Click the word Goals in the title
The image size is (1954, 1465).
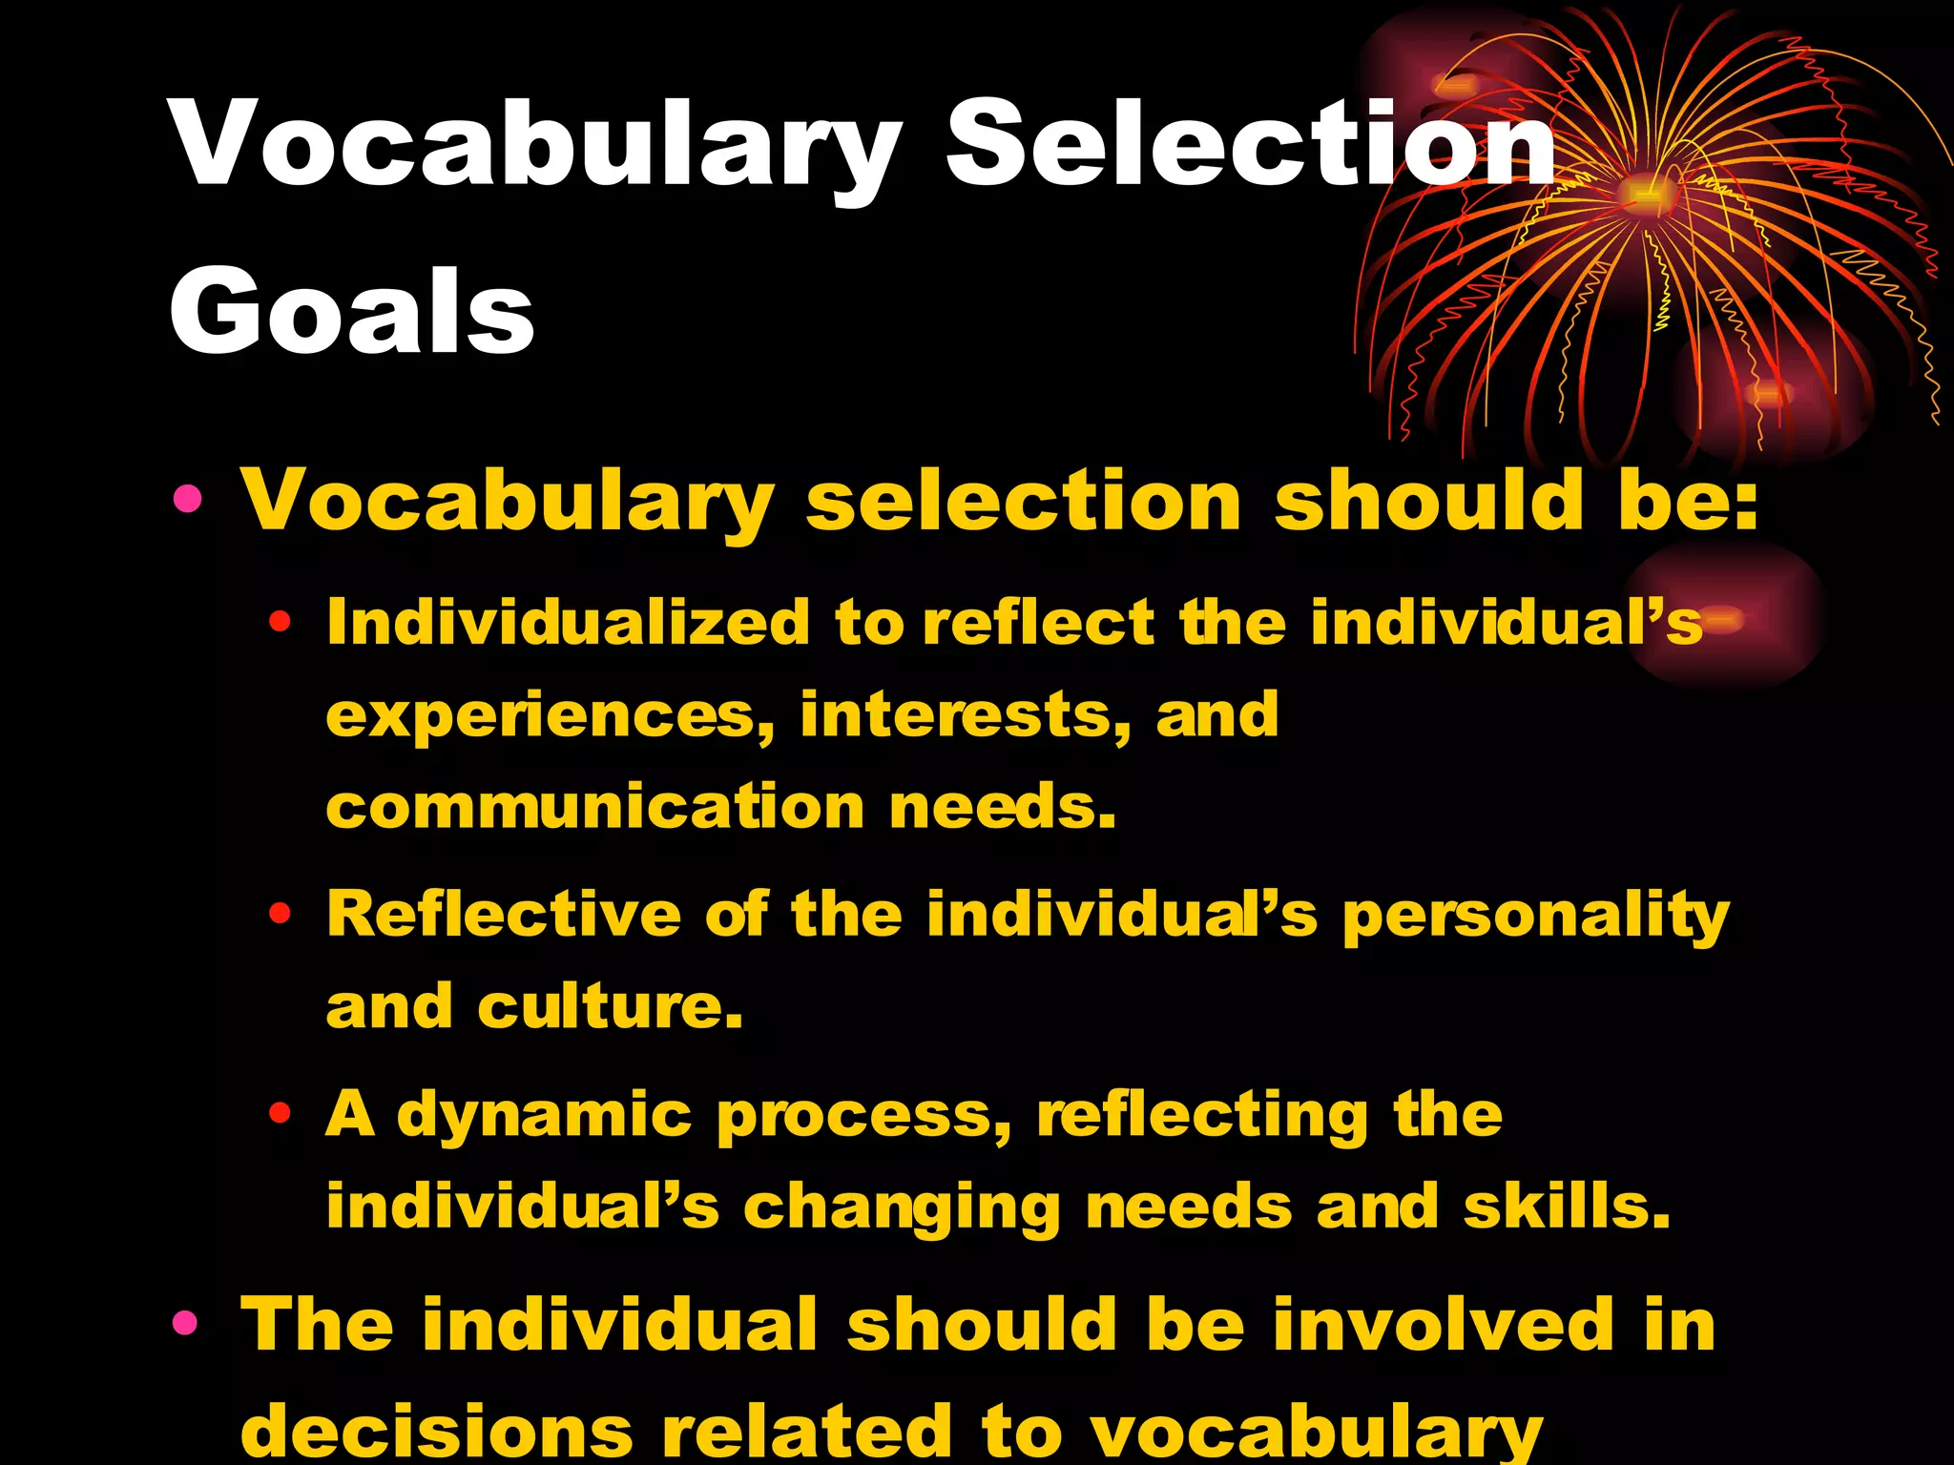point(351,311)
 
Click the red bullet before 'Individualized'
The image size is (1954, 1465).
point(279,623)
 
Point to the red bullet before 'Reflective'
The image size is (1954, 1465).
point(279,914)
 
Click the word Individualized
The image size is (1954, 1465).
point(569,623)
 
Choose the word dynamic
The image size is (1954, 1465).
point(544,1114)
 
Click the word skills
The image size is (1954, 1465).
point(1566,1206)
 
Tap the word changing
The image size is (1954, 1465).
point(902,1207)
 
